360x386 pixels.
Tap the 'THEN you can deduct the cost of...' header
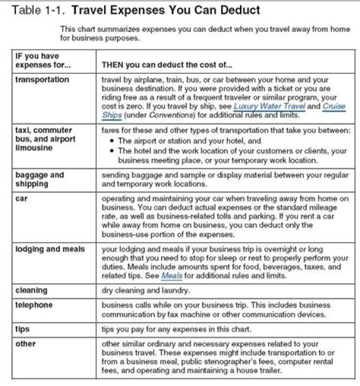tap(166, 65)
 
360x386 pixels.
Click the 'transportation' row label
tap(42, 79)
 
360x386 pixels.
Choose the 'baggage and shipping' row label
tap(39, 179)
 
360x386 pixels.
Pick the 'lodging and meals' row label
tap(50, 248)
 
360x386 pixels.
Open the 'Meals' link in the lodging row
tap(171, 275)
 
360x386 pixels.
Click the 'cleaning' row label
tap(31, 290)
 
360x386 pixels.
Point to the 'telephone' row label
tap(34, 304)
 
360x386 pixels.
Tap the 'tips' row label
tap(22, 329)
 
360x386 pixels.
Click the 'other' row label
tap(25, 343)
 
